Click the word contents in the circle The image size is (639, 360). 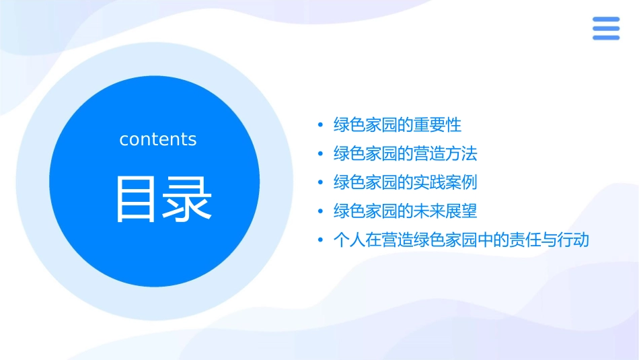coord(158,139)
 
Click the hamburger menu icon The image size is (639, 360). coord(605,28)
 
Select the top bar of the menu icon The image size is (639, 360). coord(605,20)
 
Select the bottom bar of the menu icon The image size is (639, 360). coord(605,38)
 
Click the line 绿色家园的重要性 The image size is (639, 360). coord(398,124)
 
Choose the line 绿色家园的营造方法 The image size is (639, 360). coord(405,153)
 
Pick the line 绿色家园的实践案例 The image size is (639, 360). coord(405,182)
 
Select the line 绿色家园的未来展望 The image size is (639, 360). coord(405,211)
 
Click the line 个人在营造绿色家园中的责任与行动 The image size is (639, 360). coord(461,240)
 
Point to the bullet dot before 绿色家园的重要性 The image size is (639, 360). coord(321,125)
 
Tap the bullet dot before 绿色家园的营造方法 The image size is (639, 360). coord(321,154)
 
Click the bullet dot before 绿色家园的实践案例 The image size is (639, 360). coord(321,183)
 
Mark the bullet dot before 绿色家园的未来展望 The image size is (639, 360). coord(321,212)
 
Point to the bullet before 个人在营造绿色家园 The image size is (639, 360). coord(321,241)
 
